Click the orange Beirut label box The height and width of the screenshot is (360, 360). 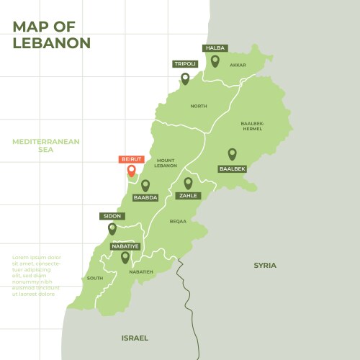(x=132, y=158)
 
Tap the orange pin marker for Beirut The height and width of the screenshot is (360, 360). (x=131, y=171)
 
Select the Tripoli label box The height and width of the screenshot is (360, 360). (x=185, y=63)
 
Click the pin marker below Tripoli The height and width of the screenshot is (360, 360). (x=185, y=78)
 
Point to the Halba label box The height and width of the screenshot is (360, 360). (x=215, y=48)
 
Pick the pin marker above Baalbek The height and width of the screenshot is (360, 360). (x=232, y=153)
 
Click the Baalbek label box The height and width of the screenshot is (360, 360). (x=232, y=168)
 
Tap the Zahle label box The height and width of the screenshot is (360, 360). (x=188, y=195)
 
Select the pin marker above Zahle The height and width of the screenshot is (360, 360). (x=188, y=183)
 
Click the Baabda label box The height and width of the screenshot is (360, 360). (x=145, y=197)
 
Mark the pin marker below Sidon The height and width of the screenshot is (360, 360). (x=112, y=229)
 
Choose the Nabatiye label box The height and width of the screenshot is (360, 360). (x=125, y=246)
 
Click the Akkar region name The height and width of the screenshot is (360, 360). (x=238, y=65)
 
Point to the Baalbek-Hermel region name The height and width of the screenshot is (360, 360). (x=253, y=125)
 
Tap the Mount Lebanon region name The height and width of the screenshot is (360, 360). (x=166, y=163)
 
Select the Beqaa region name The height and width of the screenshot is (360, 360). (x=178, y=222)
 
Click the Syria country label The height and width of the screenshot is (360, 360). (x=264, y=266)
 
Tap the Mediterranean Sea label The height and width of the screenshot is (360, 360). (x=46, y=146)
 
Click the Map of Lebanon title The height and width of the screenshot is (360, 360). (x=52, y=35)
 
